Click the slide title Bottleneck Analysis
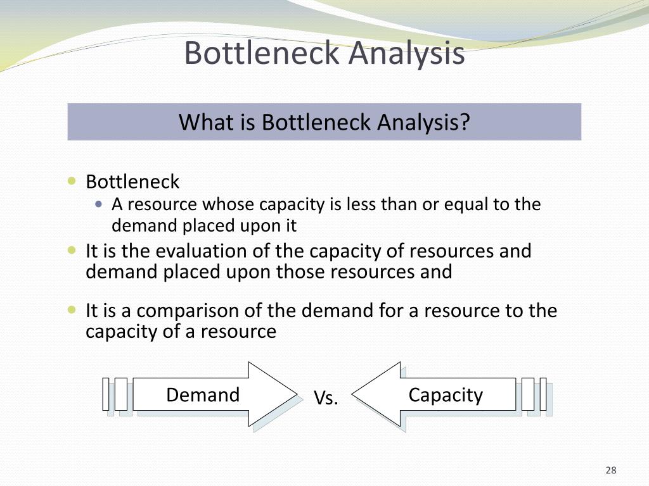tap(324, 53)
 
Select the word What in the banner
tap(202, 121)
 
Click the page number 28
tap(611, 470)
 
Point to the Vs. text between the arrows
tap(326, 398)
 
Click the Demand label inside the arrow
tap(203, 395)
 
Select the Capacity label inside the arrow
tap(446, 395)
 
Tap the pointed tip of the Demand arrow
tap(295, 394)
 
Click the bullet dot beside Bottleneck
tap(72, 182)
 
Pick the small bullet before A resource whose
tap(98, 204)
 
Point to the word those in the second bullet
tap(302, 272)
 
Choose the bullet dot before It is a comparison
tap(72, 310)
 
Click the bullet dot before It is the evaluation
tap(72, 251)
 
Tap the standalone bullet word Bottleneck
tap(132, 182)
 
